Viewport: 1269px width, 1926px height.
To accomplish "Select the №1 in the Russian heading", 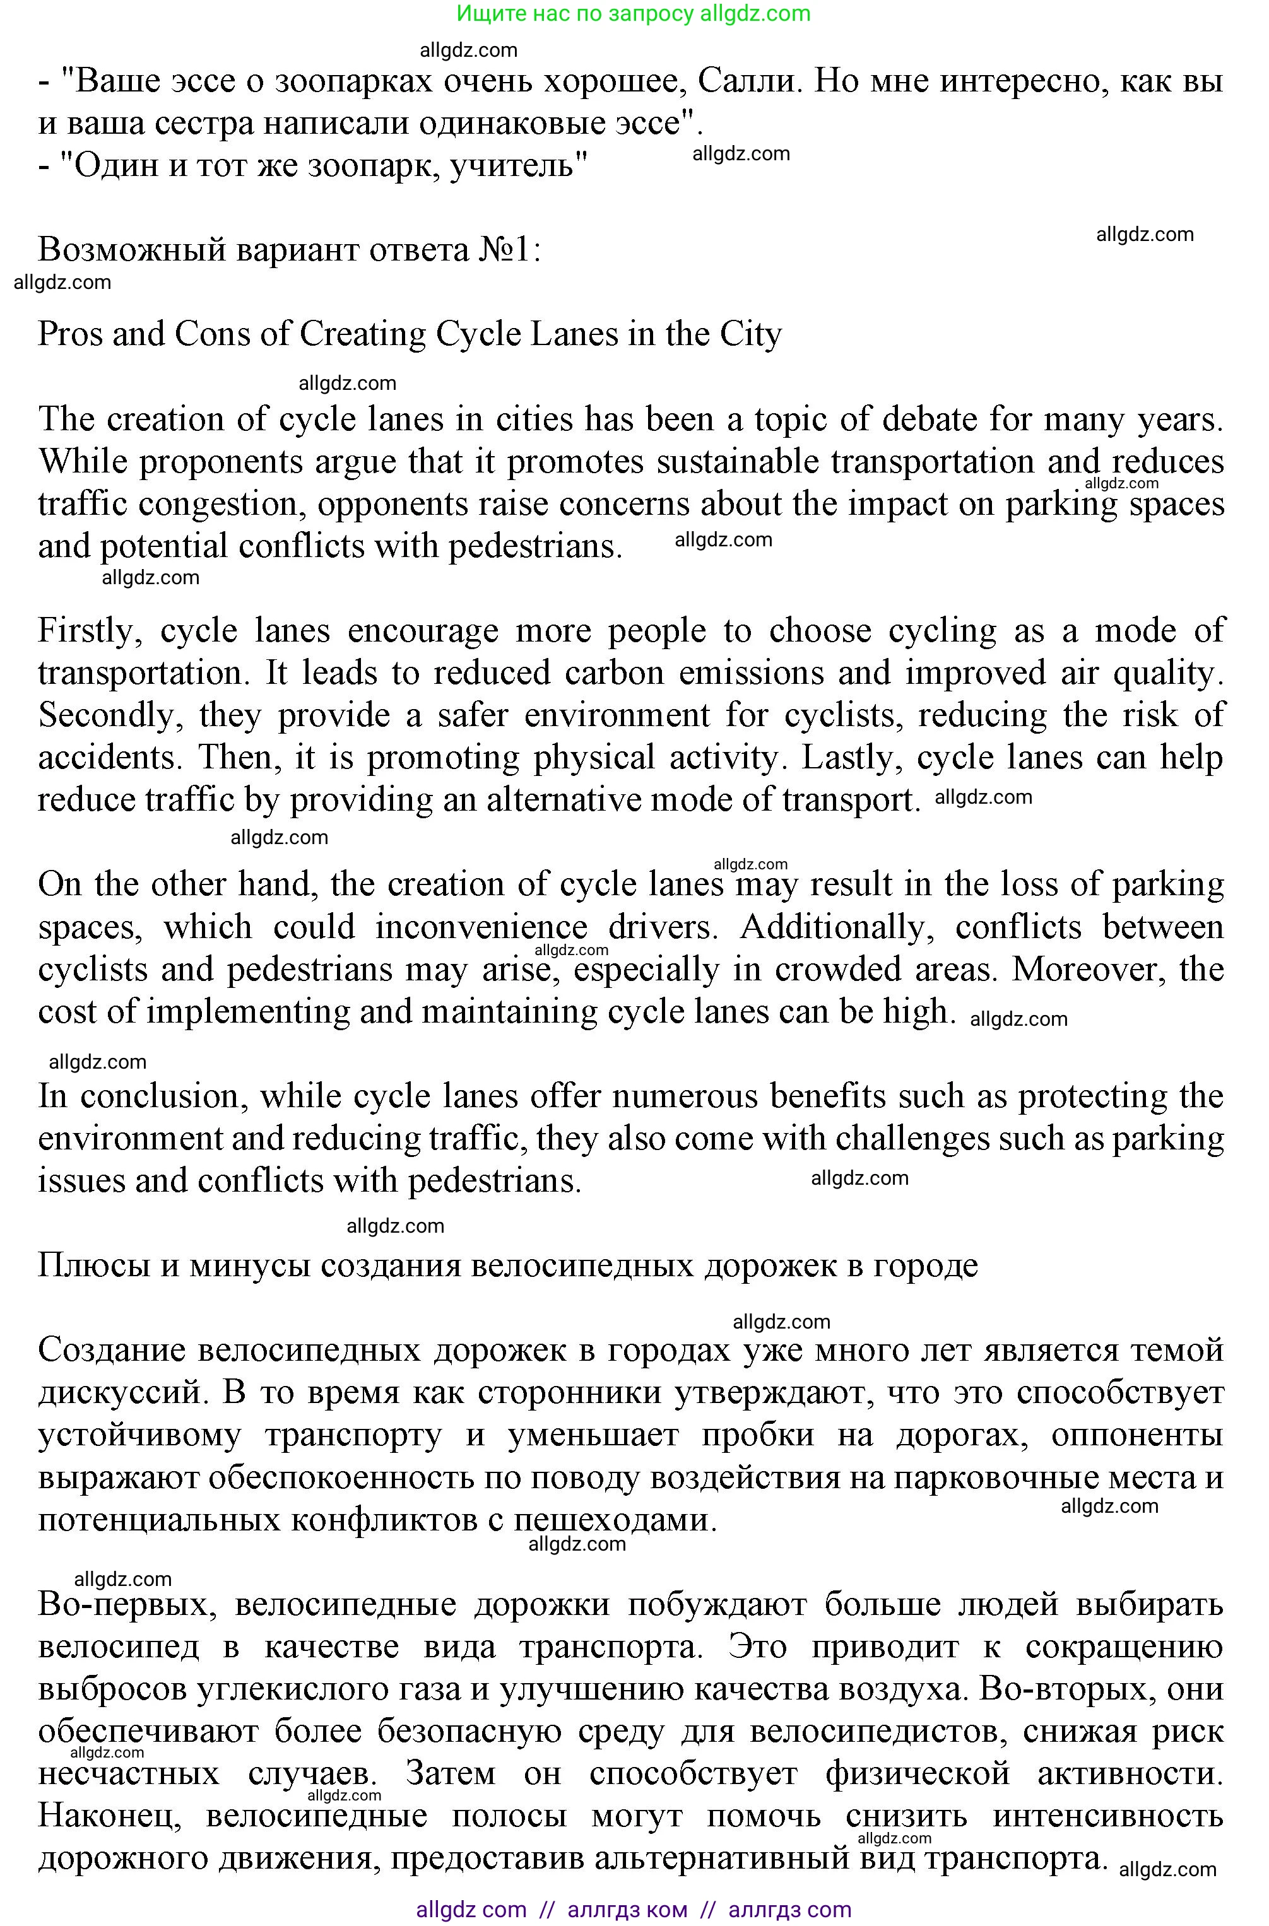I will click(x=506, y=250).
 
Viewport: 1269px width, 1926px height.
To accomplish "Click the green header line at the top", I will click(x=634, y=14).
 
